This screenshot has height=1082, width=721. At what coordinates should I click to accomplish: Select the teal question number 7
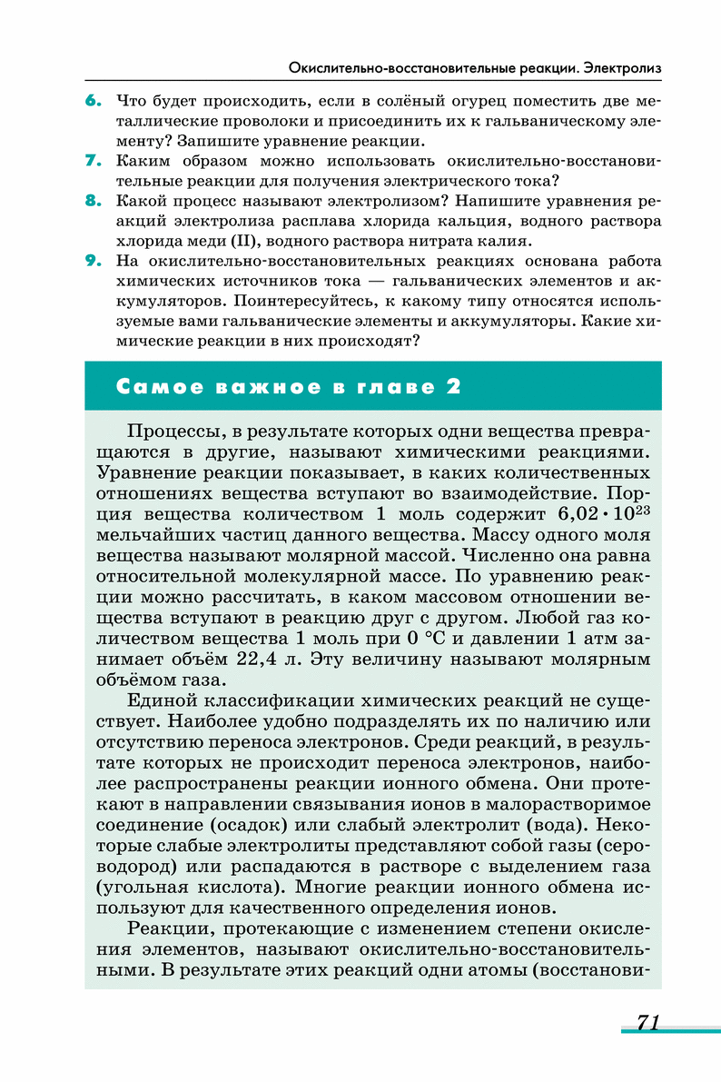coord(93,161)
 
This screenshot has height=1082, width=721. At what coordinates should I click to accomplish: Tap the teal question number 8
coord(93,201)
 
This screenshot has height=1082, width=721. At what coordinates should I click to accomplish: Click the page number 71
coord(647,1022)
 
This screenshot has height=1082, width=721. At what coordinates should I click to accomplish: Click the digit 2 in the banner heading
coord(451,387)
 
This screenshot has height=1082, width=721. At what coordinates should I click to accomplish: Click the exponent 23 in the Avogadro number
coord(639,510)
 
